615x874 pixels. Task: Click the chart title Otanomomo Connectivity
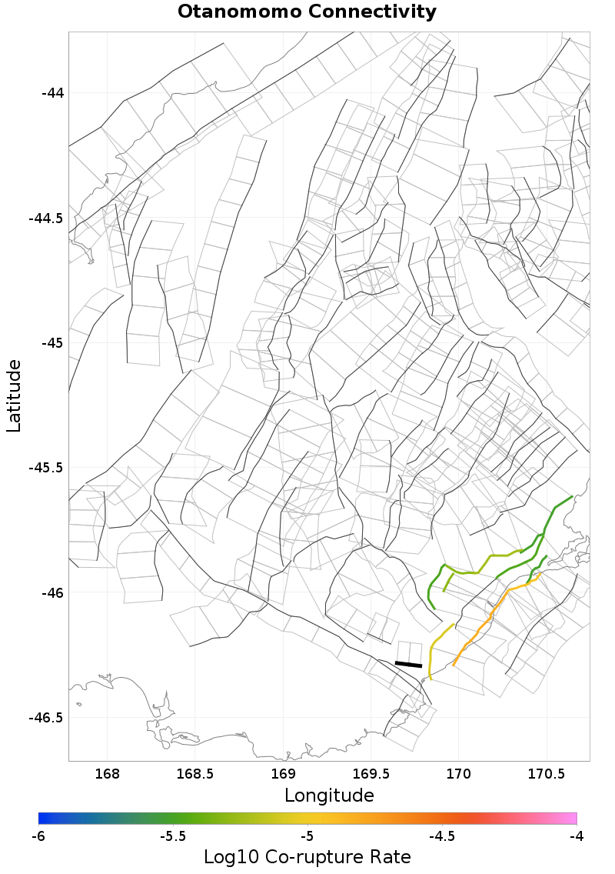307,12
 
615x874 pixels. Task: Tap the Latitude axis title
14,395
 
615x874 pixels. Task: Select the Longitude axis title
329,795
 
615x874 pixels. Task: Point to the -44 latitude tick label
52,93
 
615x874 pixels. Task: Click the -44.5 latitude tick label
46,218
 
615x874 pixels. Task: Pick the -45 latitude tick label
52,343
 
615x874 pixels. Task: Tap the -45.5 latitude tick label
46,468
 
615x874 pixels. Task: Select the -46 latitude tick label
52,593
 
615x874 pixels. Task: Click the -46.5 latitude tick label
46,718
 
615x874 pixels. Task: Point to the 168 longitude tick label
108,772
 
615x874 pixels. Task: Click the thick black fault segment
408,664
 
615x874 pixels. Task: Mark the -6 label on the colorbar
38,836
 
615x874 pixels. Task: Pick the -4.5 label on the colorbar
442,836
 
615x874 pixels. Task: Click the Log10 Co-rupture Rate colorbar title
307,857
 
